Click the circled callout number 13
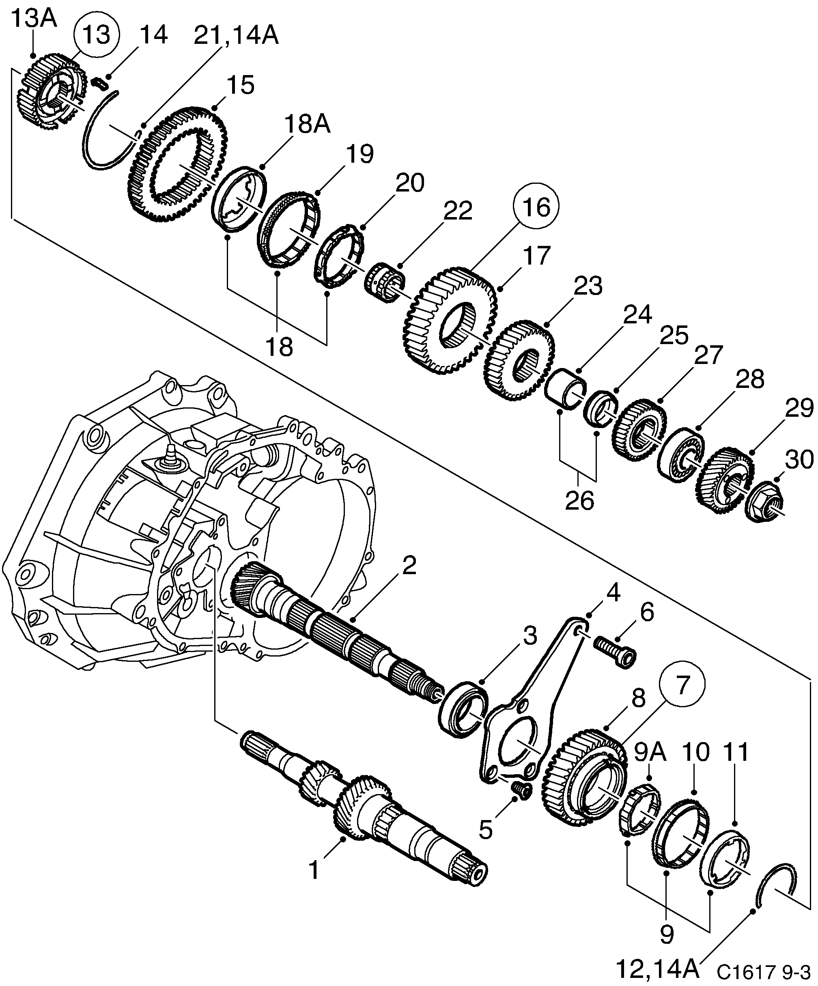[x=97, y=35]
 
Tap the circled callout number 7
[x=682, y=685]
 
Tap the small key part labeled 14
[x=101, y=83]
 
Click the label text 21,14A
[x=236, y=36]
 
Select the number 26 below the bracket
[x=579, y=501]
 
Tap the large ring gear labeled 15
[x=177, y=165]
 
